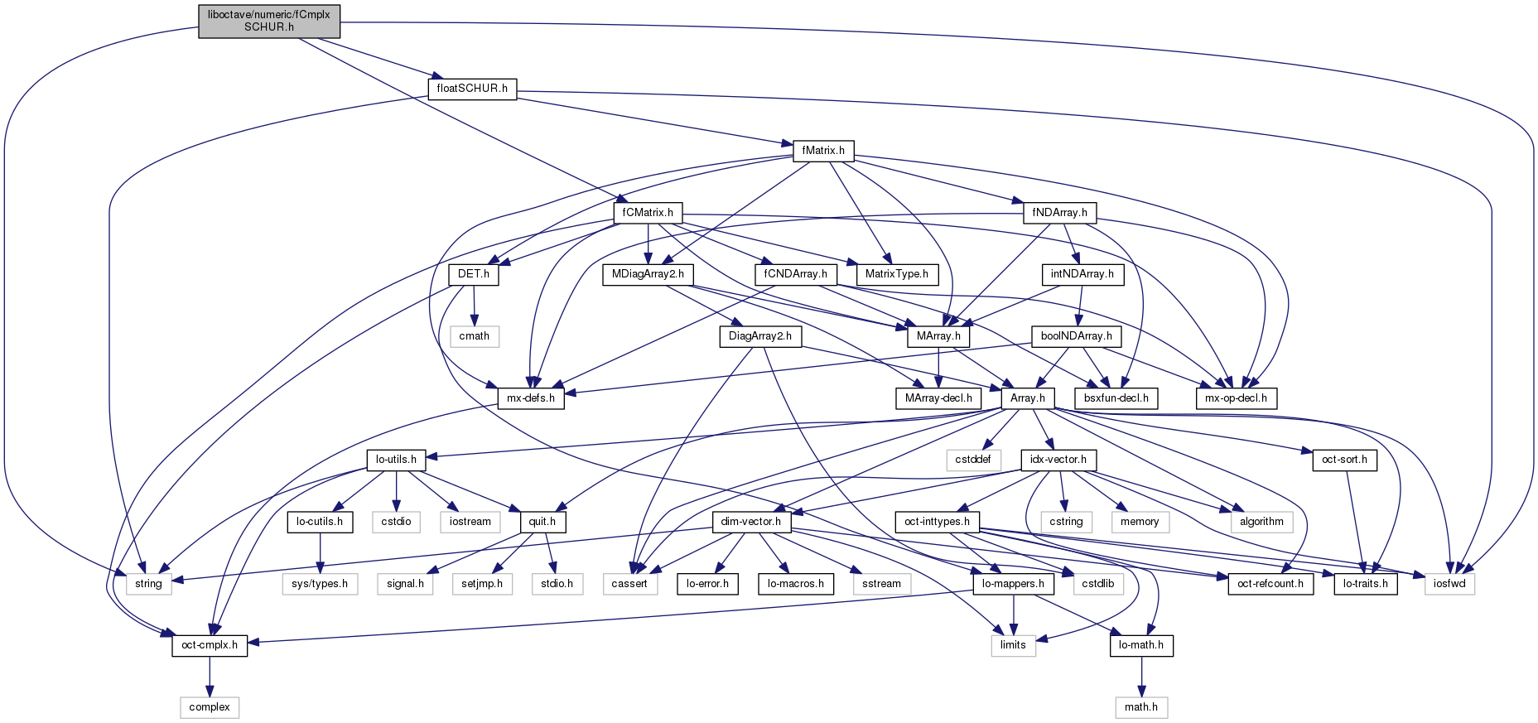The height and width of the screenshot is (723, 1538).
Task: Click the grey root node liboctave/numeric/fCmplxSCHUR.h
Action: pos(269,21)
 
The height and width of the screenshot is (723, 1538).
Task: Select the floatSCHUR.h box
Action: pos(472,89)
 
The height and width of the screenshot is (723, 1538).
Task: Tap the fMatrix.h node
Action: pos(823,151)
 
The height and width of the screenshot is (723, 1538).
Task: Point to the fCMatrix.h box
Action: pos(648,213)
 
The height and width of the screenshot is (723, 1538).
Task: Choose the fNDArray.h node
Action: pos(1059,213)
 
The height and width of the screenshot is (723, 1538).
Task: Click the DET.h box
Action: pos(474,274)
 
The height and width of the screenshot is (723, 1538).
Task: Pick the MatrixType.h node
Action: pos(897,274)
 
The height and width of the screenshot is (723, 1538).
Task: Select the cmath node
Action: pos(475,336)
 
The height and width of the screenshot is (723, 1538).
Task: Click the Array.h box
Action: pos(1028,398)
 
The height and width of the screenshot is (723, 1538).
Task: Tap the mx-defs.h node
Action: pos(531,398)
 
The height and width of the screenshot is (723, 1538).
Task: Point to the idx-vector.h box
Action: pos(1058,460)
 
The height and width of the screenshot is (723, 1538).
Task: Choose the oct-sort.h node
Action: pos(1344,460)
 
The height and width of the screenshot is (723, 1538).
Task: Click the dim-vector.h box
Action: pos(751,522)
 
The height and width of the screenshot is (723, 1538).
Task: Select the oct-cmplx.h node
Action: pos(210,645)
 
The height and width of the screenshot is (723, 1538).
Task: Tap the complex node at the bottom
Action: pos(210,707)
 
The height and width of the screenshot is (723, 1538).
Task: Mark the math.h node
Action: pos(1141,707)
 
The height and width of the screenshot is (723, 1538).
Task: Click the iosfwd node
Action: pos(1449,584)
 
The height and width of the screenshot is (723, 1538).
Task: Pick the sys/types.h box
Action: pos(320,584)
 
